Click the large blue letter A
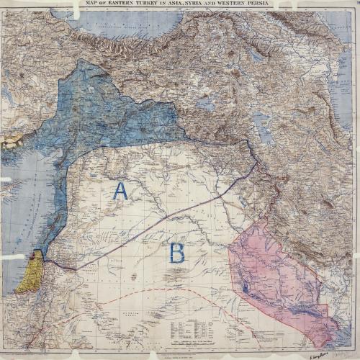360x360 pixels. pos(120,191)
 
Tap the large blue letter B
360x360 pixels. pos(176,253)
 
